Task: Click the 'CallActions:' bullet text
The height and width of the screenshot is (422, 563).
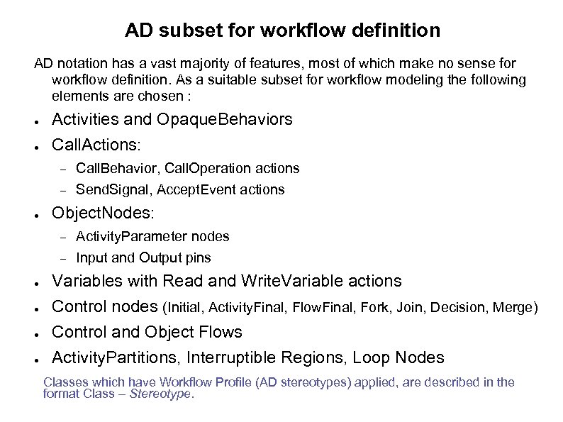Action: coord(97,145)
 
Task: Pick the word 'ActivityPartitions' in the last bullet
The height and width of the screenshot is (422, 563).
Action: coord(114,357)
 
